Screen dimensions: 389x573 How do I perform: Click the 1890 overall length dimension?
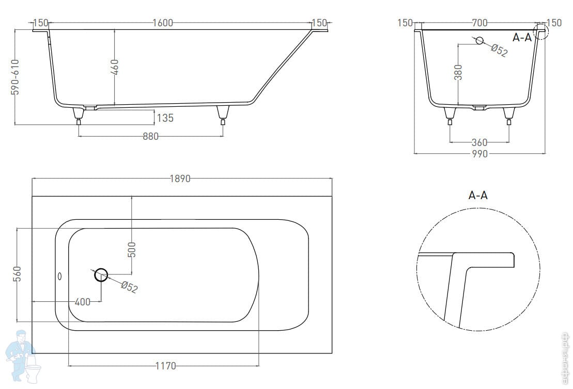pyautogui.click(x=180, y=179)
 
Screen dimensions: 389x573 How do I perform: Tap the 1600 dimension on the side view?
pyautogui.click(x=163, y=23)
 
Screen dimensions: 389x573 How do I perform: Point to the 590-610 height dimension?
pyautogui.click(x=16, y=77)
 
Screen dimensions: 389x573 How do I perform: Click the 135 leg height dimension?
pyautogui.click(x=165, y=118)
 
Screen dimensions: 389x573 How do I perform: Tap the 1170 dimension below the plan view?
pyautogui.click(x=165, y=366)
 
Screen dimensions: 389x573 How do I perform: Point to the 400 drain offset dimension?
pyautogui.click(x=82, y=302)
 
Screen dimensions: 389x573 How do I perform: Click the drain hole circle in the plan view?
pyautogui.click(x=101, y=275)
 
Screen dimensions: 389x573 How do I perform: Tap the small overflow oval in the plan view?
pyautogui.click(x=59, y=276)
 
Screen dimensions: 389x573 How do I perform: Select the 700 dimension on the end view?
pyautogui.click(x=479, y=23)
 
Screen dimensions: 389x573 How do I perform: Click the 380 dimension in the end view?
pyautogui.click(x=458, y=72)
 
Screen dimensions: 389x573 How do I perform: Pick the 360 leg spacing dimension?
pyautogui.click(x=479, y=142)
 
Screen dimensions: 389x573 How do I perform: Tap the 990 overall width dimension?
pyautogui.click(x=479, y=154)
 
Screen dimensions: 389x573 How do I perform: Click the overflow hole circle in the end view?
pyautogui.click(x=479, y=40)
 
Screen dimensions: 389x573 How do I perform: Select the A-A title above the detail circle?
pyautogui.click(x=477, y=195)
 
